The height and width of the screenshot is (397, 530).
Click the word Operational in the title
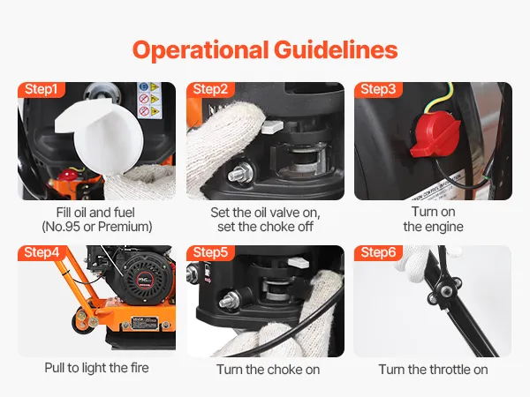click(201, 50)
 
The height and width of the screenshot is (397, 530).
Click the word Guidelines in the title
click(336, 49)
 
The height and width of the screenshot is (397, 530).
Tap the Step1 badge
click(41, 89)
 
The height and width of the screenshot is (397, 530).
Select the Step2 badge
click(210, 89)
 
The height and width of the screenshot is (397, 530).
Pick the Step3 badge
click(378, 89)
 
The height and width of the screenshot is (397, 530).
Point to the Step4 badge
click(42, 252)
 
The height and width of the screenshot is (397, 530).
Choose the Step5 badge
click(210, 252)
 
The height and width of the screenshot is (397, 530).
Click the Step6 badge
click(378, 252)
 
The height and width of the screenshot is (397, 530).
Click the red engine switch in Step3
click(435, 135)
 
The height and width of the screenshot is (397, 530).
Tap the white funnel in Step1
click(101, 136)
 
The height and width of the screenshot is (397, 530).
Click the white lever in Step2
click(272, 126)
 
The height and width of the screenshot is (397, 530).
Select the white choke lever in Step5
click(299, 262)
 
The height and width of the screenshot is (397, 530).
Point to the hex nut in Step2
click(240, 172)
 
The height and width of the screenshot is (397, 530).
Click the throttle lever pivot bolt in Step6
click(446, 289)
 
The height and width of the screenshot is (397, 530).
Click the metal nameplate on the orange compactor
click(144, 323)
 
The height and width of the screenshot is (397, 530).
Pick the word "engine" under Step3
click(443, 228)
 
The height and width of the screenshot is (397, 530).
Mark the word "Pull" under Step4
click(55, 368)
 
